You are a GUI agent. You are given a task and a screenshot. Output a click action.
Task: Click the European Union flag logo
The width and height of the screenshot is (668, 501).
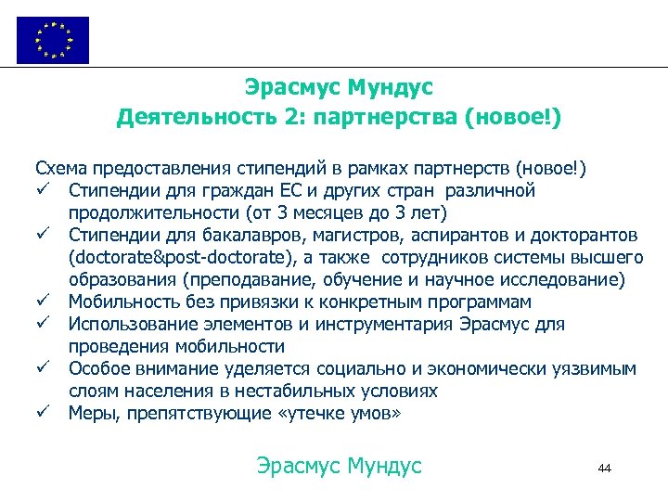[x=53, y=40]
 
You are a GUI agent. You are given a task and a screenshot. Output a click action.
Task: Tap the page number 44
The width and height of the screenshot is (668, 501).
[x=605, y=469]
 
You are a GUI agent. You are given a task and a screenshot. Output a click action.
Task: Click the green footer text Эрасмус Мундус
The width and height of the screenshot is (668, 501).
[x=339, y=465]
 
